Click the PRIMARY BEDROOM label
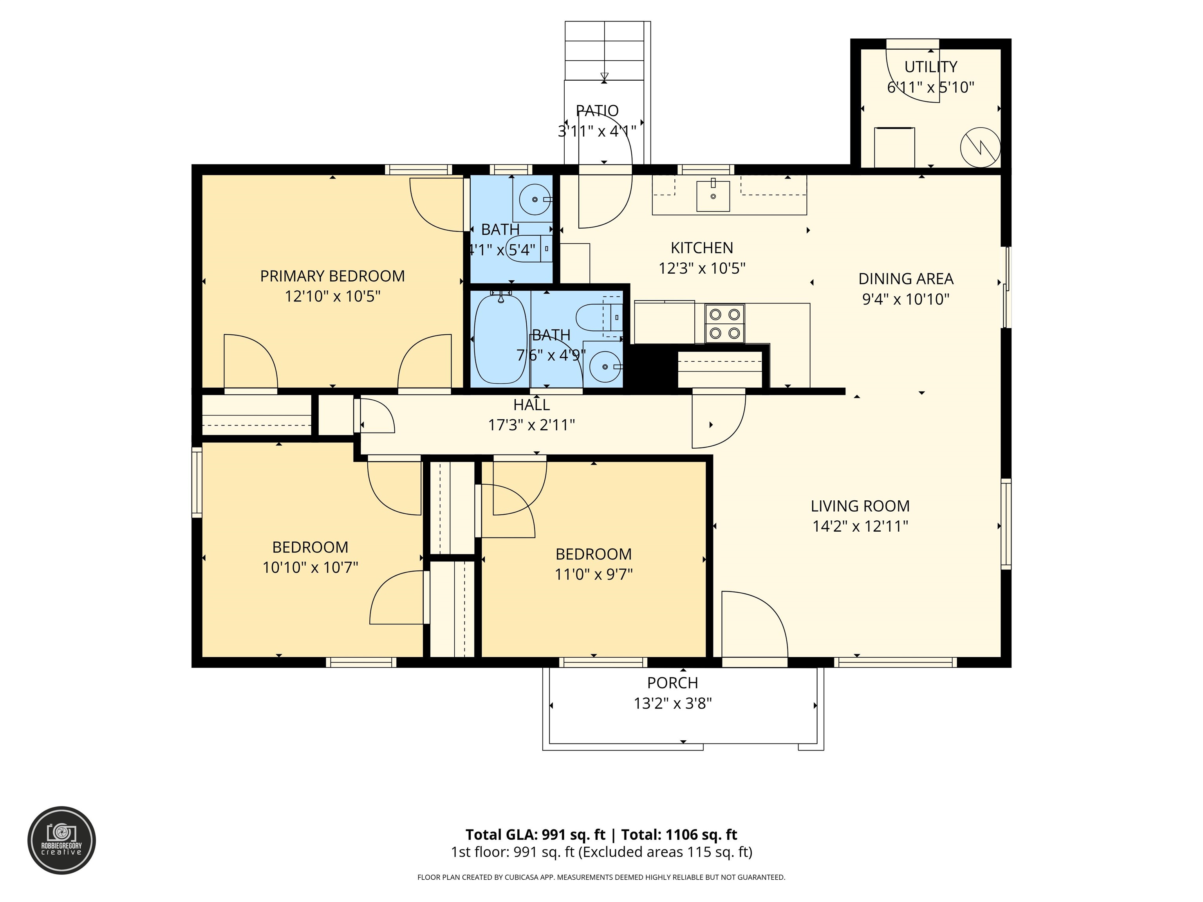[332, 276]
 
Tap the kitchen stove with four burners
[724, 323]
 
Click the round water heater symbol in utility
[980, 147]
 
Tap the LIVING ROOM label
[860, 506]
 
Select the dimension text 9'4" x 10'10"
[905, 299]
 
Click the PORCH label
[672, 683]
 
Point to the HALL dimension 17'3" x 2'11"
[531, 425]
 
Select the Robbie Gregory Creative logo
[61, 840]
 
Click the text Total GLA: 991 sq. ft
[535, 835]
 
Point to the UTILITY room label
[930, 67]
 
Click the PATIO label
[597, 111]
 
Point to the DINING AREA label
[905, 279]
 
